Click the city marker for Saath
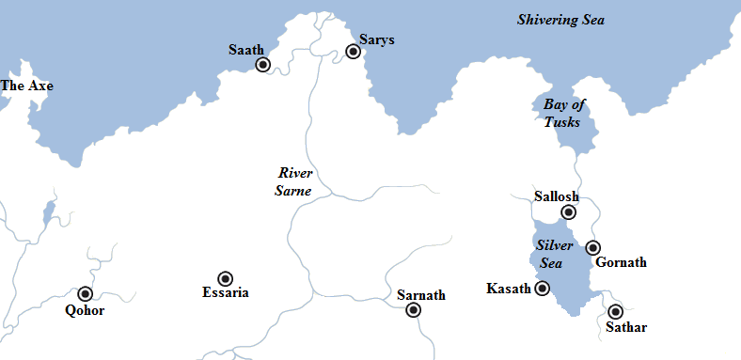tap(263, 65)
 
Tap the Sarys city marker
tap(354, 52)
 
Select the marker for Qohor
tap(86, 294)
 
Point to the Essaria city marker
tap(226, 278)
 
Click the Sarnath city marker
tap(413, 311)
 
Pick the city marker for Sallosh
tap(568, 212)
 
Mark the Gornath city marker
tap(592, 248)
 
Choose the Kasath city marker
tap(543, 289)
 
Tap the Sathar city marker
tap(616, 311)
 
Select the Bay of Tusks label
tap(561, 113)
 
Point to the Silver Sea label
tap(555, 253)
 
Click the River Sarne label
tap(294, 181)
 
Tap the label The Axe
tap(27, 86)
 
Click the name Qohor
tap(85, 311)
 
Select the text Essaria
tap(226, 293)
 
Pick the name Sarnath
tap(420, 295)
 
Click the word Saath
tap(245, 49)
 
